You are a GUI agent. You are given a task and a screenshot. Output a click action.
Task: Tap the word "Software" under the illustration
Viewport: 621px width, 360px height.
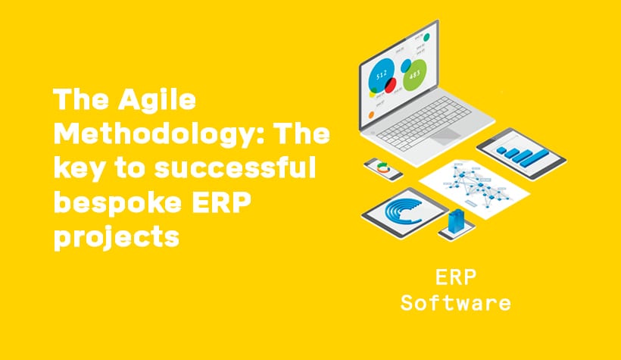455,303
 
